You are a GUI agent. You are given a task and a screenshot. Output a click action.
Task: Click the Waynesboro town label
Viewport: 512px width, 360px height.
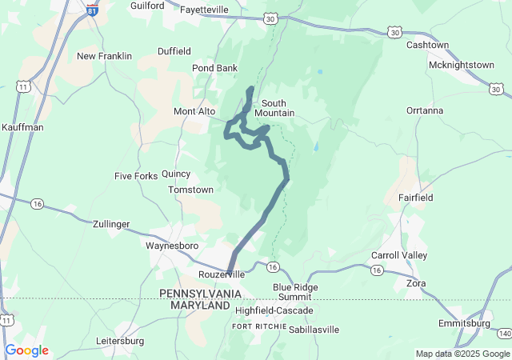point(171,246)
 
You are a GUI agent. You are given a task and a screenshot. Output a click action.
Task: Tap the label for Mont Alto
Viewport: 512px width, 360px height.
point(194,111)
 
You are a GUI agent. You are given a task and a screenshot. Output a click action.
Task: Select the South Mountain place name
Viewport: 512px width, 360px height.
point(274,108)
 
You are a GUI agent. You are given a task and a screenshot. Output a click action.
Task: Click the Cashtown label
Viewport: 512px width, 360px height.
point(427,45)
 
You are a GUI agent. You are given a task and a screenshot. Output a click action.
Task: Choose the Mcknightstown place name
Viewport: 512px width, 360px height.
point(462,65)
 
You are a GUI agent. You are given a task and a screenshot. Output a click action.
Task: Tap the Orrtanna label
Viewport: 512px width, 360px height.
point(424,110)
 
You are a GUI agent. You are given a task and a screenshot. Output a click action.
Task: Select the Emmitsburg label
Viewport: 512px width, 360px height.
point(464,323)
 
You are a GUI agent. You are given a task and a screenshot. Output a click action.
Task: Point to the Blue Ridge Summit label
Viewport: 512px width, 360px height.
point(295,292)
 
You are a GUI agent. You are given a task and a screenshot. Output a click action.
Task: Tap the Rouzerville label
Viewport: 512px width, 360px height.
point(221,274)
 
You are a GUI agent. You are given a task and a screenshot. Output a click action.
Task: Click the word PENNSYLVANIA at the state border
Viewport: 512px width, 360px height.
point(200,294)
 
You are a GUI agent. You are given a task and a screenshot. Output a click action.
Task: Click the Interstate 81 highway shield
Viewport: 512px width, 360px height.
point(93,11)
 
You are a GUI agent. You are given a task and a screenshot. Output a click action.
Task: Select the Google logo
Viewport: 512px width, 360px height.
point(26,350)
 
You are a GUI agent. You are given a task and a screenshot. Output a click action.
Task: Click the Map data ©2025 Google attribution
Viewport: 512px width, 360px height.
point(462,354)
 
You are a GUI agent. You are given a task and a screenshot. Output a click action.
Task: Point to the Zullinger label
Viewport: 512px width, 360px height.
point(111,225)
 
